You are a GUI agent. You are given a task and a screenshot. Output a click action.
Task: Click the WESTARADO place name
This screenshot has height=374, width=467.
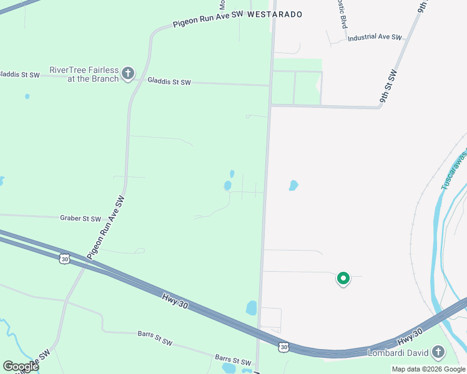point(275,14)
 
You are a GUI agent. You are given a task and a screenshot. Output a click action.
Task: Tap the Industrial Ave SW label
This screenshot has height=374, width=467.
point(375,37)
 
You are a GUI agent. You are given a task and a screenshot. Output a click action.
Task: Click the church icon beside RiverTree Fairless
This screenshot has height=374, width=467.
point(128,74)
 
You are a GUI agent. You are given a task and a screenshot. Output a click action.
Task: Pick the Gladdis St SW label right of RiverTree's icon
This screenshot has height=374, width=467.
point(169,82)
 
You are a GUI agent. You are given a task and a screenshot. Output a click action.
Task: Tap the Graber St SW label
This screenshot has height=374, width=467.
point(80,219)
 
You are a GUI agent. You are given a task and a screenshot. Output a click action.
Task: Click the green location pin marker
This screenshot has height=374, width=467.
point(343,279)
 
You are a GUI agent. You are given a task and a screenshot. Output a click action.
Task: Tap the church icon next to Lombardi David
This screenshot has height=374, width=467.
point(438,353)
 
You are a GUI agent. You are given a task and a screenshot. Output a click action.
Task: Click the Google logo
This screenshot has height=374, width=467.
point(21,366)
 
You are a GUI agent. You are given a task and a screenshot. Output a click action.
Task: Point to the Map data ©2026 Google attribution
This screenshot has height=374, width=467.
point(428,369)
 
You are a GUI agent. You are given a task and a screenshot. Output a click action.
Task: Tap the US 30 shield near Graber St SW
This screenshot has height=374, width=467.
point(64,258)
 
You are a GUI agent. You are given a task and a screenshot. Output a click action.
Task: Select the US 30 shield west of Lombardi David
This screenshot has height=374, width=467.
point(284,347)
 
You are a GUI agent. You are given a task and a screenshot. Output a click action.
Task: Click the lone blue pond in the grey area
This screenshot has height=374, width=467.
point(293,185)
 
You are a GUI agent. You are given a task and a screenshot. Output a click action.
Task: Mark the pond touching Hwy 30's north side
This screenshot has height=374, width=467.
point(252,307)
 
